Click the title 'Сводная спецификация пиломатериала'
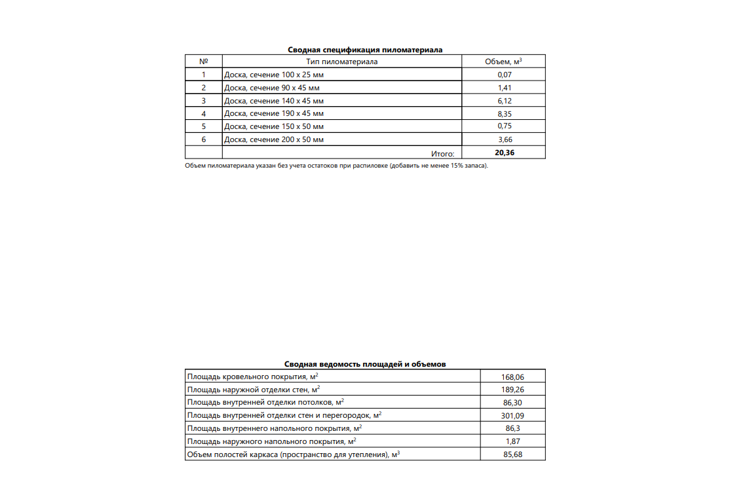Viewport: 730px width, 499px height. [365, 50]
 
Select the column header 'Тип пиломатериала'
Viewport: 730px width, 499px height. [342, 62]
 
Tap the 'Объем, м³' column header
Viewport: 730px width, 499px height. [503, 62]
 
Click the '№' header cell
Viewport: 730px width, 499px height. [204, 62]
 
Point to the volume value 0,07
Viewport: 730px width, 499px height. [504, 75]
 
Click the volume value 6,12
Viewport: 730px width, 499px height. [504, 101]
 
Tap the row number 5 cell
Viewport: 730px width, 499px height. [204, 126]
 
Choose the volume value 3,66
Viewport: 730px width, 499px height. [504, 139]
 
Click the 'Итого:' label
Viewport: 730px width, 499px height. [442, 153]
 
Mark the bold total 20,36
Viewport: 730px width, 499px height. [504, 153]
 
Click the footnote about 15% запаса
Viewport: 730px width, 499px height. [337, 166]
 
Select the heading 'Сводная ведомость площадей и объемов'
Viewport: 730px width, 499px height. [365, 364]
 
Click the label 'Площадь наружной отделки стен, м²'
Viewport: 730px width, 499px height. [254, 390]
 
